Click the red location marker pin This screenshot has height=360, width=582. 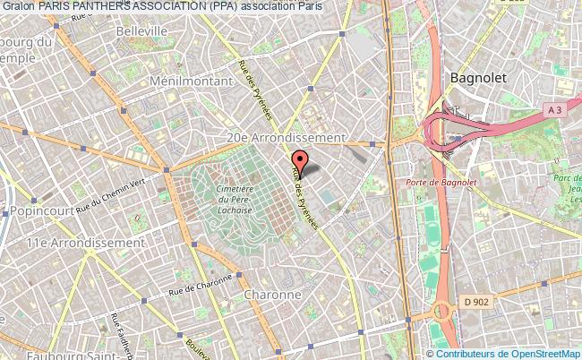tap(299, 162)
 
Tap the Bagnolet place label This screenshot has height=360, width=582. tap(478, 77)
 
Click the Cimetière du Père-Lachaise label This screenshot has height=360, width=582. tap(235, 199)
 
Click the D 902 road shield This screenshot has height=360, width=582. tap(477, 302)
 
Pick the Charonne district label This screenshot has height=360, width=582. tap(272, 294)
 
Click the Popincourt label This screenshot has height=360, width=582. tap(44, 211)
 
